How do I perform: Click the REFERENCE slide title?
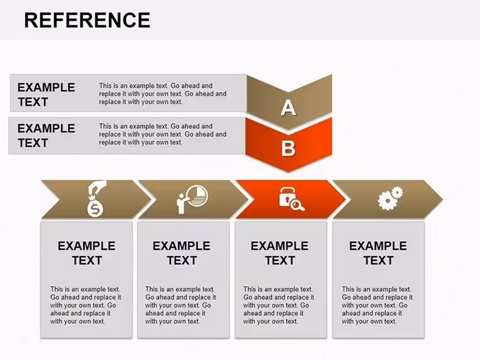point(87,20)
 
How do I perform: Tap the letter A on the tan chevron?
point(289,108)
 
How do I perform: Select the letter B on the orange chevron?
point(289,148)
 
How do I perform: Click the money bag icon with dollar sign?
point(97,198)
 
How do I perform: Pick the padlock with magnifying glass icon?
point(291,199)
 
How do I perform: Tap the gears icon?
point(390,198)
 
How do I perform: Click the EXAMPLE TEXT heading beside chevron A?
point(46,95)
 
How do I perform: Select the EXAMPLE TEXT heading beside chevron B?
point(46,136)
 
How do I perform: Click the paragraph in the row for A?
point(162,93)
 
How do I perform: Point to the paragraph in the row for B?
point(162,134)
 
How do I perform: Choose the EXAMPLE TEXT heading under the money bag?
point(87,253)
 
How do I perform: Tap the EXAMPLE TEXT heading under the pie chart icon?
point(181,253)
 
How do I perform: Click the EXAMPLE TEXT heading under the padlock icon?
point(280,253)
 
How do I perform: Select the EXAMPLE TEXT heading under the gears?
point(378,253)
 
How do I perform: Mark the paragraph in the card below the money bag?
point(85,305)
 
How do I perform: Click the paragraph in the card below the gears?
point(377,305)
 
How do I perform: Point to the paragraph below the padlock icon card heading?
point(279,305)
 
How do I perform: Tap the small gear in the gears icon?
point(397,192)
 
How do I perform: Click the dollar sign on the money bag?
point(95,210)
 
